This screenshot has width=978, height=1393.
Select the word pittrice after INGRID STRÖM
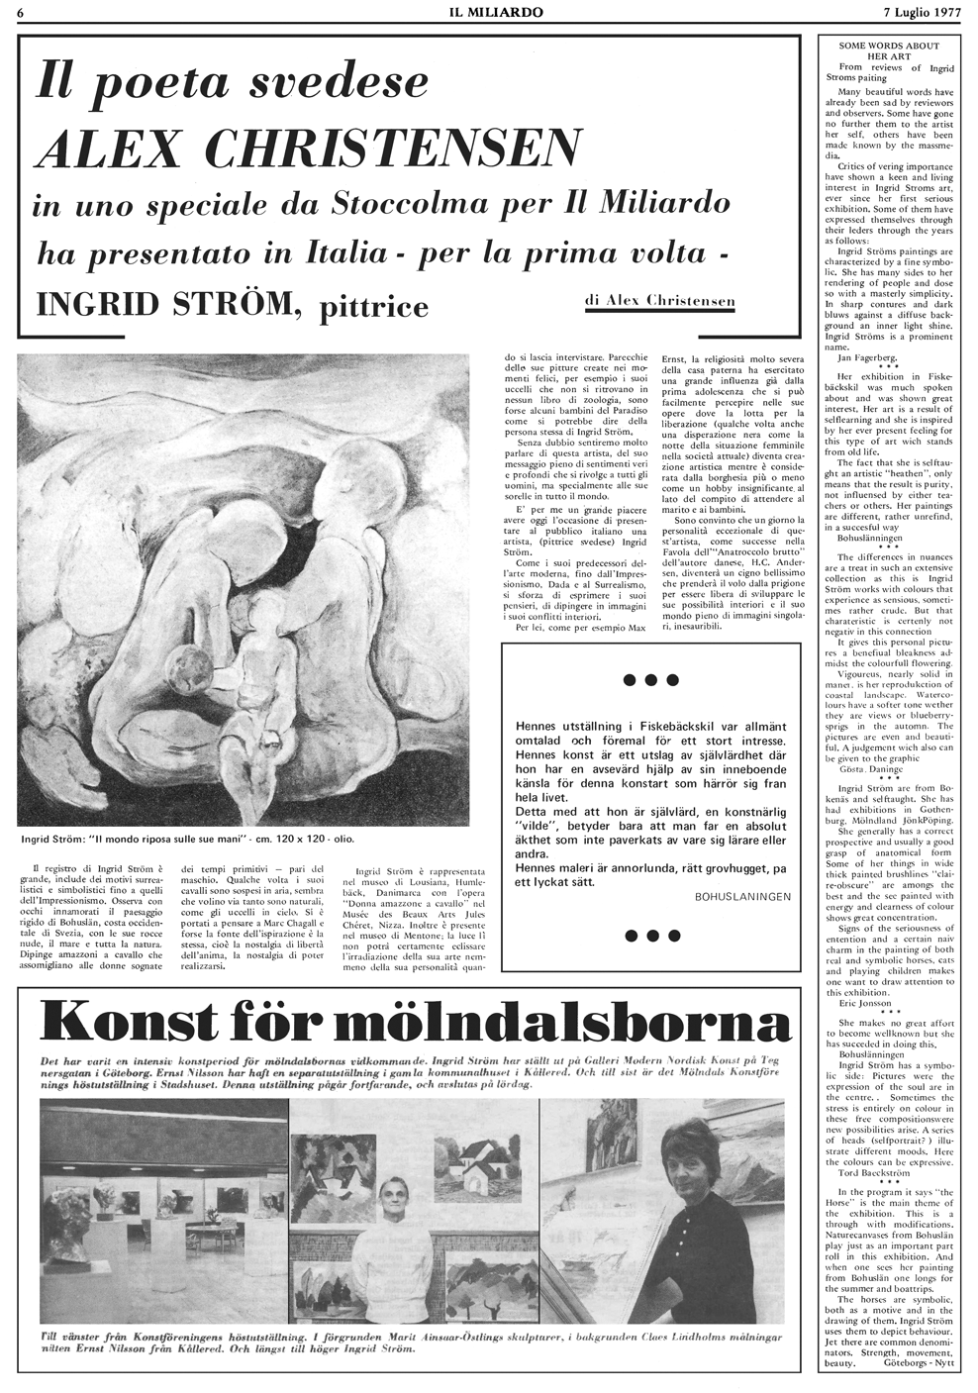click(x=375, y=307)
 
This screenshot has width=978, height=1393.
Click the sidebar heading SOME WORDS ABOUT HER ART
click(x=887, y=51)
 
